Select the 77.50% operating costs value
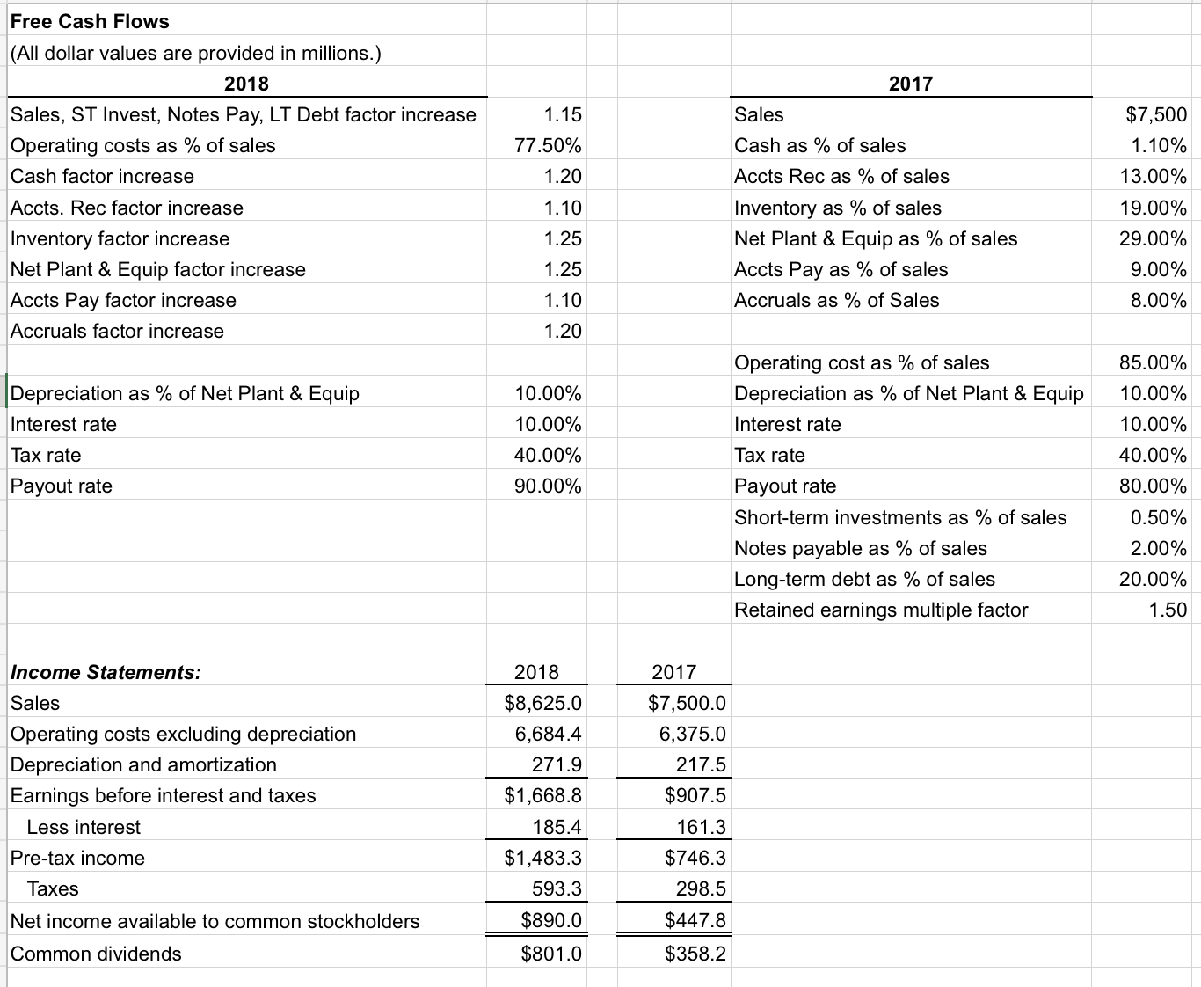click(548, 145)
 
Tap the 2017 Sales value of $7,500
click(1156, 114)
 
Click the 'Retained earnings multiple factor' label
click(881, 610)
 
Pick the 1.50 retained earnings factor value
click(1168, 610)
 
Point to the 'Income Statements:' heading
click(106, 672)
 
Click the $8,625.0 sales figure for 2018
click(542, 703)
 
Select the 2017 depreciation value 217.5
click(701, 764)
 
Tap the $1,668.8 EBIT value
click(542, 795)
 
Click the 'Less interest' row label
click(84, 827)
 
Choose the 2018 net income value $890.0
click(550, 920)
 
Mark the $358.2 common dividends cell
click(695, 954)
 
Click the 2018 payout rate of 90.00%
click(548, 486)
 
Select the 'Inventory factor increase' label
click(120, 238)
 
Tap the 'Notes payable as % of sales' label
click(861, 548)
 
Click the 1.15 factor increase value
click(563, 114)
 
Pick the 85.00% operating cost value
click(1153, 362)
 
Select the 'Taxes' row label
click(53, 888)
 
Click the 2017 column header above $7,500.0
click(673, 672)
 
